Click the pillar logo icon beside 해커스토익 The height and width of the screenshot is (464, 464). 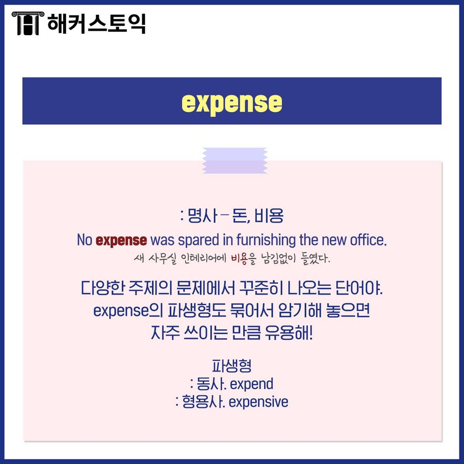pos(27,23)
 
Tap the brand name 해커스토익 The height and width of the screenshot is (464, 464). pos(97,23)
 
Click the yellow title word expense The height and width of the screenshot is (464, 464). pos(232,102)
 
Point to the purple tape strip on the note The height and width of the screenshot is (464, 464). pos(235,161)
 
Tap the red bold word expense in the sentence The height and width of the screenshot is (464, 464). pos(121,240)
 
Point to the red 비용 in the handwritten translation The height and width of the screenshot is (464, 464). pos(239,259)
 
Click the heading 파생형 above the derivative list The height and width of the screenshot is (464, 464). pos(232,366)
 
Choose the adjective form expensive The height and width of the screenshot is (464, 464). pos(258,402)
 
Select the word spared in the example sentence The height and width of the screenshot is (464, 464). pos(198,240)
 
